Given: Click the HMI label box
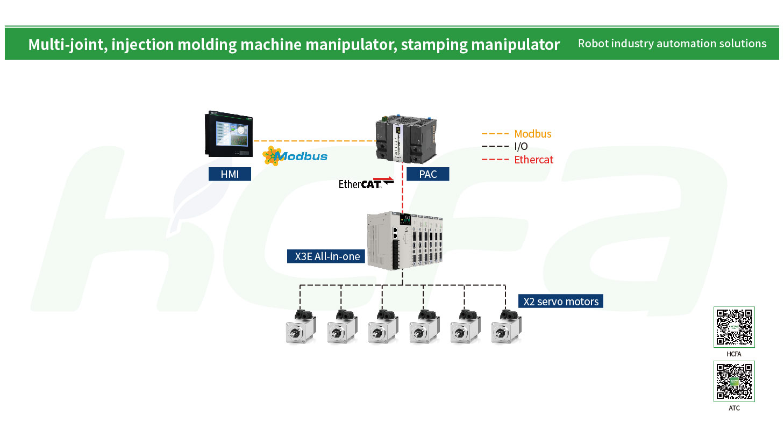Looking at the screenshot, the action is [230, 174].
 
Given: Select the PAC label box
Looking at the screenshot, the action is [427, 174].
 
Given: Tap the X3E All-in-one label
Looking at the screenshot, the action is [326, 256].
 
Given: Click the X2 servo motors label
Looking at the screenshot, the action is [561, 301].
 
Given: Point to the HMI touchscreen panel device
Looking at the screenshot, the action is [229, 134].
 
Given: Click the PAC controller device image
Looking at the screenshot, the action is [406, 139].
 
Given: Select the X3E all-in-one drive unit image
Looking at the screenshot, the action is [405, 240].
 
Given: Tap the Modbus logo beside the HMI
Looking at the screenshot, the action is [295, 156].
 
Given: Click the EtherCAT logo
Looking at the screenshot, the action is [366, 183].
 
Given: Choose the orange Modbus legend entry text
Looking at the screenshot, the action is [532, 134].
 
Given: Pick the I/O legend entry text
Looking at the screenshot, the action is [521, 146].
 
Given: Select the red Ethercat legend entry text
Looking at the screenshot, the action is [533, 160].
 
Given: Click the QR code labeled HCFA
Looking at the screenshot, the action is [734, 327].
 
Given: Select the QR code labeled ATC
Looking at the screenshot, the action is [734, 382].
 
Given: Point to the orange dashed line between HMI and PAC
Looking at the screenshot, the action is [315, 141].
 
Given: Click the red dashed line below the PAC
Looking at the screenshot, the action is [403, 188].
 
